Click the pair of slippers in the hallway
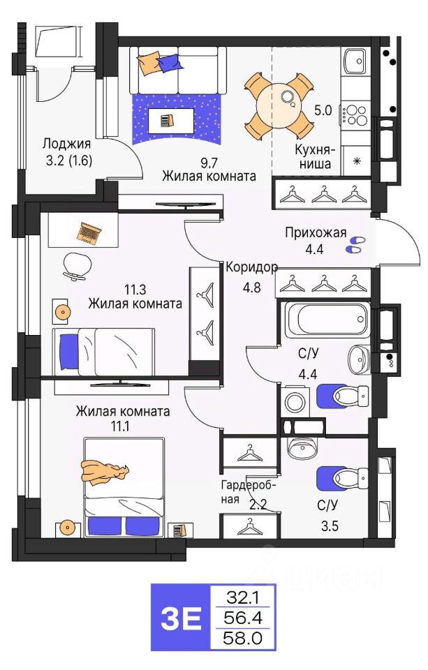[x=355, y=244]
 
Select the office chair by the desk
[x=77, y=265]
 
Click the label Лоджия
[x=67, y=144]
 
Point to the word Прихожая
[x=316, y=233]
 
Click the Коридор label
[x=251, y=267]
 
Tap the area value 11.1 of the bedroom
[x=120, y=426]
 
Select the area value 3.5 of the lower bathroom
[x=330, y=525]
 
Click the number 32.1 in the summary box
[x=243, y=597]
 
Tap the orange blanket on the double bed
[x=104, y=472]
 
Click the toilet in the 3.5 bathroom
[x=342, y=477]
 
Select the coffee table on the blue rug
[x=170, y=121]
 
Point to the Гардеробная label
[x=249, y=491]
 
